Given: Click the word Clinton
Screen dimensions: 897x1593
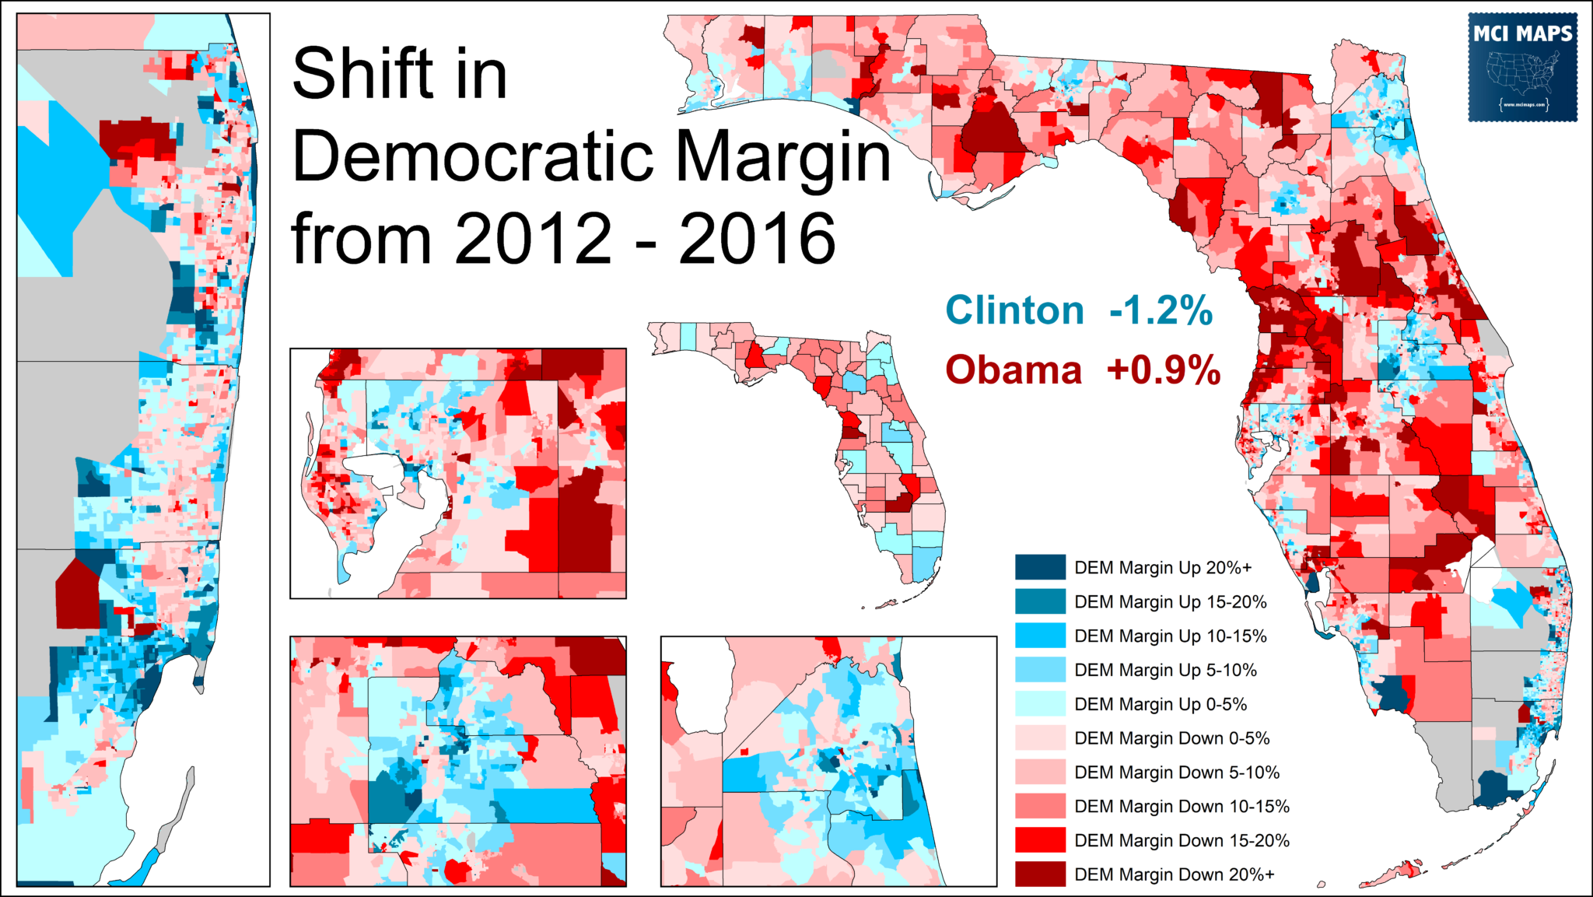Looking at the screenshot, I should [1014, 310].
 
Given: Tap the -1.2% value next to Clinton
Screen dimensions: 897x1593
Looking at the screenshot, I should [1161, 310].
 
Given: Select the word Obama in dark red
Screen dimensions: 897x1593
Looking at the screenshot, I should [1014, 370].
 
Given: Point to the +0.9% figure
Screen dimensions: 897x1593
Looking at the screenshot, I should [1164, 370].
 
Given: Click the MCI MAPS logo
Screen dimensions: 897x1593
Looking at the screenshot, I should [1522, 67].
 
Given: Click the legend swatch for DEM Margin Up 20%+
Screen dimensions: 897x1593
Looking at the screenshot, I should [1040, 567].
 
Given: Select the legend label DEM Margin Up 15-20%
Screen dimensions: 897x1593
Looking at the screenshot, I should [1171, 601].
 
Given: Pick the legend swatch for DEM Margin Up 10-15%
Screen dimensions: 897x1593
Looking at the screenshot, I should [1040, 636].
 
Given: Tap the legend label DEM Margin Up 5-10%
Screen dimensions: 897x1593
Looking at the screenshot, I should [1165, 670].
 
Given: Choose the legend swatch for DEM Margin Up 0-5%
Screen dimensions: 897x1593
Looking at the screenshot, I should [1040, 704].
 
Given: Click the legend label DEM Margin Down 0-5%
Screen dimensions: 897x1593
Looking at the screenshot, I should [1172, 738].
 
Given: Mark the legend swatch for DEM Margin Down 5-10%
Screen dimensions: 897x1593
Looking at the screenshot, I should [1040, 772].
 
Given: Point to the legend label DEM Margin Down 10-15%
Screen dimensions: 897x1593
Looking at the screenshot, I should [1182, 806].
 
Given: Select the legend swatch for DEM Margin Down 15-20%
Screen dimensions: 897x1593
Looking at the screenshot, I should [1040, 840].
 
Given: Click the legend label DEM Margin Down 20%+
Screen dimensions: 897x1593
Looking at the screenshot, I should [1175, 874].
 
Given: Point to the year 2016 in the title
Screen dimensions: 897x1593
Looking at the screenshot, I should [757, 239].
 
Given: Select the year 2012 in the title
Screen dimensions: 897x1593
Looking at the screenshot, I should [534, 239].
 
